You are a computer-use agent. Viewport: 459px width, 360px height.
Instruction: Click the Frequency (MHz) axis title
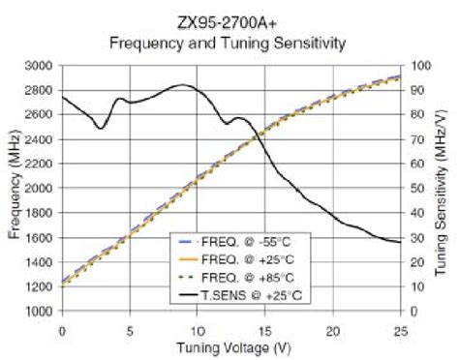pyautogui.click(x=15, y=188)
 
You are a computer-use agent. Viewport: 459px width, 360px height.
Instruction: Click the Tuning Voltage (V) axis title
pyautogui.click(x=231, y=347)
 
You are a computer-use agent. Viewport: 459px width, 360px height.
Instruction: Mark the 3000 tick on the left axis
pyautogui.click(x=39, y=66)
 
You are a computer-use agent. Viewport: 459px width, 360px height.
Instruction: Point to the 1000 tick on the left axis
pyautogui.click(x=39, y=312)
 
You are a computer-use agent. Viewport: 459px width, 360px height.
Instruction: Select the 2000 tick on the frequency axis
pyautogui.click(x=39, y=189)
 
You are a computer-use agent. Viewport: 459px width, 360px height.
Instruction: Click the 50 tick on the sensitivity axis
pyautogui.click(x=415, y=189)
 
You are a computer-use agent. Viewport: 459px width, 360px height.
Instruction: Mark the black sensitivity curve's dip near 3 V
pyautogui.click(x=101, y=128)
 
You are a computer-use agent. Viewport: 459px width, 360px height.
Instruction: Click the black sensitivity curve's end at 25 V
pyautogui.click(x=400, y=242)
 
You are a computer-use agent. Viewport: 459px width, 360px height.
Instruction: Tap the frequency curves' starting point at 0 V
pyautogui.click(x=62, y=283)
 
